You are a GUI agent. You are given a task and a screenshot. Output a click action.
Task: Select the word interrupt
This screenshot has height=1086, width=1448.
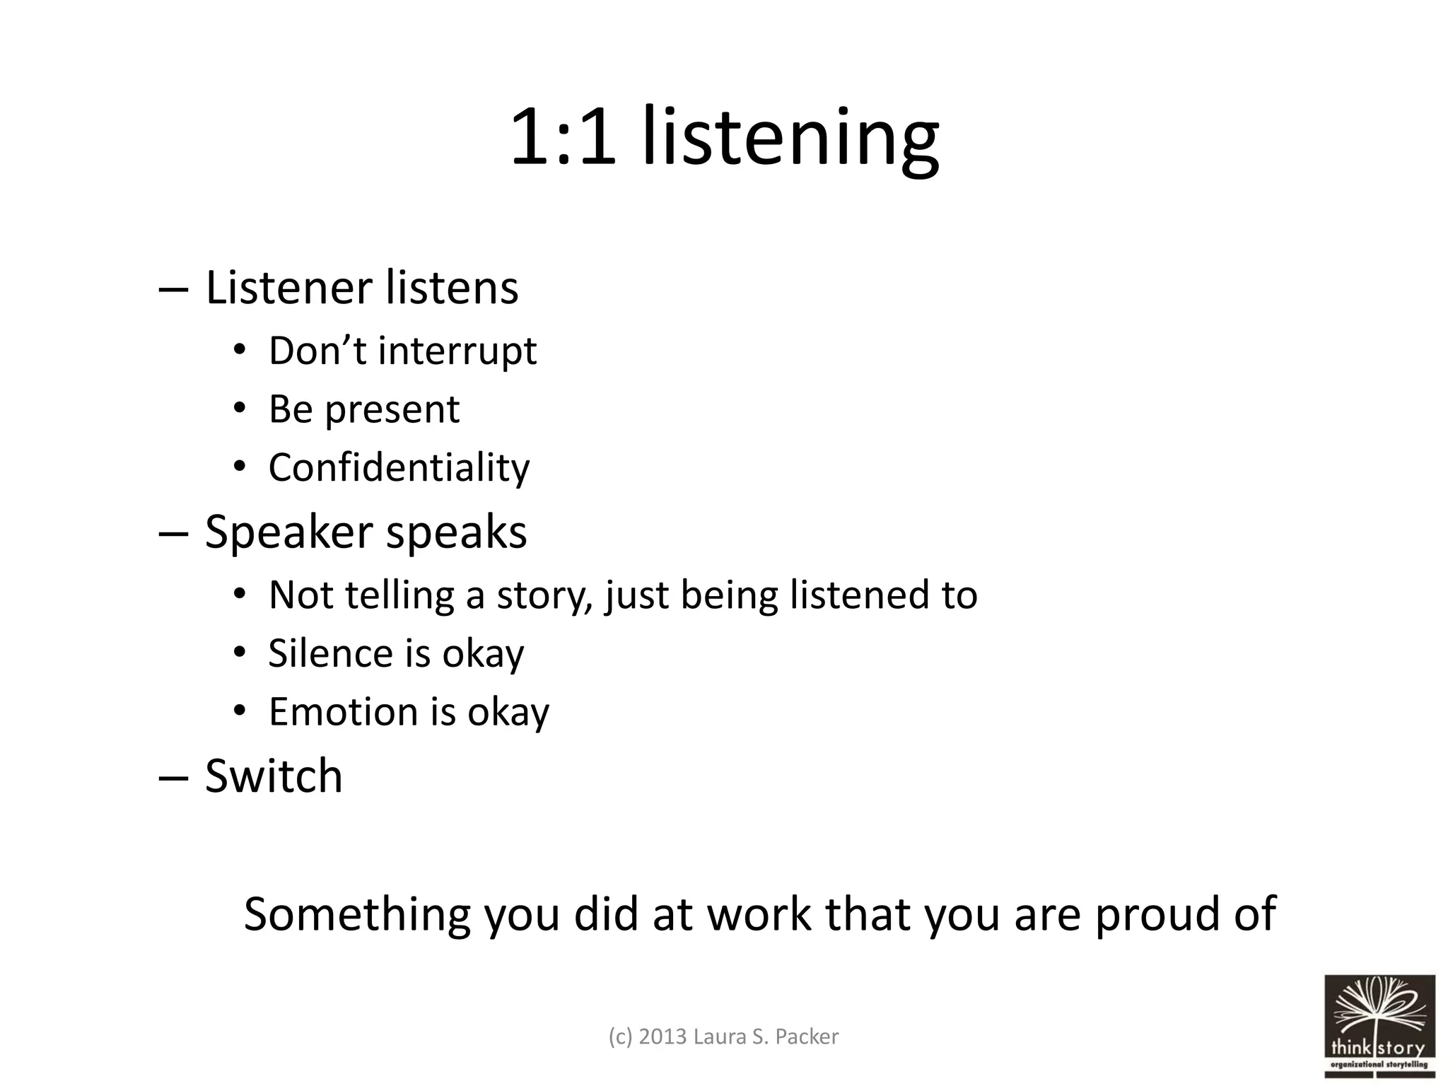pos(457,351)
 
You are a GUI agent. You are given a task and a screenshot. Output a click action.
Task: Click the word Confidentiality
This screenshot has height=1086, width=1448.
pos(399,467)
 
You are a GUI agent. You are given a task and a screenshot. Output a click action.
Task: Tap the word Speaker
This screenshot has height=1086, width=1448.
pos(288,532)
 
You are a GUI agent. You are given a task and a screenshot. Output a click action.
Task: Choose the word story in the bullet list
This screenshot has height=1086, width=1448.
pos(544,595)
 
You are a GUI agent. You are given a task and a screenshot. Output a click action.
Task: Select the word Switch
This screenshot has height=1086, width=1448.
pos(274,776)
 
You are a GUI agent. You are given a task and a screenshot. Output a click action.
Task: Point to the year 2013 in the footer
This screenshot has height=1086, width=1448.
pos(662,1037)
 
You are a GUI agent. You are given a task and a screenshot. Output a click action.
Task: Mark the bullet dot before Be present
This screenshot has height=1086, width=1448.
pos(240,409)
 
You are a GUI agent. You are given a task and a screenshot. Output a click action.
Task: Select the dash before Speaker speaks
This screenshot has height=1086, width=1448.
pos(173,533)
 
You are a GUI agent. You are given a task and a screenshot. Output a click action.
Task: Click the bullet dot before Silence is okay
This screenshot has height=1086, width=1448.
pos(240,652)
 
